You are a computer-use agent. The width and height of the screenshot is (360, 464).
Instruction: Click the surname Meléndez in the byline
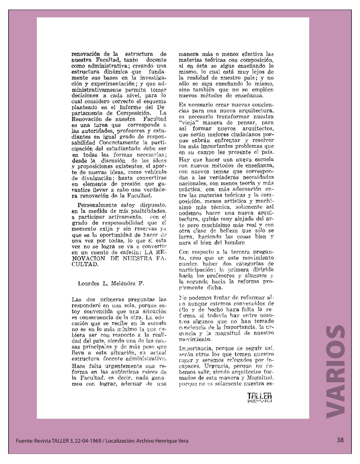[x=122, y=283]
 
